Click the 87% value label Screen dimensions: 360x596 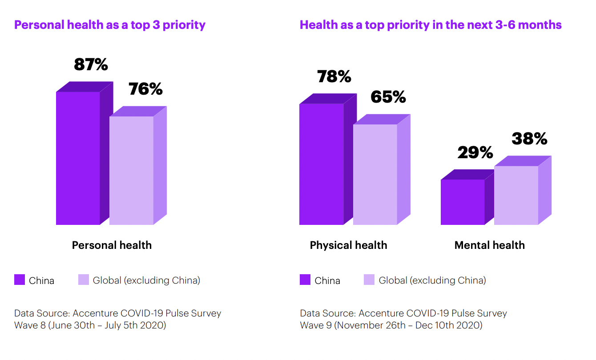click(91, 65)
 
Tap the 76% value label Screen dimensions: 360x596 click(145, 89)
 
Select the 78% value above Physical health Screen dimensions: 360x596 click(334, 77)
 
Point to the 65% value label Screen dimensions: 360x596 click(388, 97)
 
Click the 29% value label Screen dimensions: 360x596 click(475, 153)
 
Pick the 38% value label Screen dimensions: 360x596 click(529, 139)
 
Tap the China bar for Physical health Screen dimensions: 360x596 click(322, 164)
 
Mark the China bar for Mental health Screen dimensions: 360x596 click(463, 202)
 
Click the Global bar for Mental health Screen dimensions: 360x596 click(516, 195)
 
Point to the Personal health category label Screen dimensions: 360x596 click(112, 245)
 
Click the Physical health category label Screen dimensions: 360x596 click(348, 245)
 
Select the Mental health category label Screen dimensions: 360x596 click(489, 245)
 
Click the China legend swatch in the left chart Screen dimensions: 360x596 click(20, 280)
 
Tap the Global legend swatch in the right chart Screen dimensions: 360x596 click(369, 280)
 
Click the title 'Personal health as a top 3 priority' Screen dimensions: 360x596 click(110, 25)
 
